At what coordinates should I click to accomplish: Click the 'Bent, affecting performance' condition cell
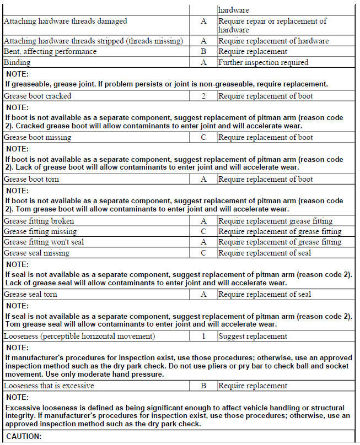50,52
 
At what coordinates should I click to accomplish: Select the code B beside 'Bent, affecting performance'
203,52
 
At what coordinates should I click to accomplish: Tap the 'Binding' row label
17,63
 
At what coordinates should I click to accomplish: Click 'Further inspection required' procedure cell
263,63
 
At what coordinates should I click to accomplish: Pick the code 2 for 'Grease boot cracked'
203,96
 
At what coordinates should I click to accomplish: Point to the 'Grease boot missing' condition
37,138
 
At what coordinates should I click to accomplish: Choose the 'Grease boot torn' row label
31,179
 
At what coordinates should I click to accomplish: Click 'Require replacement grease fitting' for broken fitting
276,221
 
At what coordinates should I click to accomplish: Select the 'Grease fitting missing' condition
40,232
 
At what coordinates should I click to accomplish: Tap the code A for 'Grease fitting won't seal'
203,242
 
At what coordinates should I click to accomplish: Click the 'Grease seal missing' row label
36,253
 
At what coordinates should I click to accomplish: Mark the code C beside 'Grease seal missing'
203,253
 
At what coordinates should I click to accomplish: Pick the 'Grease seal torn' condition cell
30,295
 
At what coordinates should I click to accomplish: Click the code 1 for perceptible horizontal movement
203,336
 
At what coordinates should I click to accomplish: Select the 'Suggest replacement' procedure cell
245,336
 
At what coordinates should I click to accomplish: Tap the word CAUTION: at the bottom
24,437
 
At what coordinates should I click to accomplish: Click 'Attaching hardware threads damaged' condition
65,21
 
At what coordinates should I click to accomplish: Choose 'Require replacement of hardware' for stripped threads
273,41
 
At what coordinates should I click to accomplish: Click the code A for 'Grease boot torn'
203,179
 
